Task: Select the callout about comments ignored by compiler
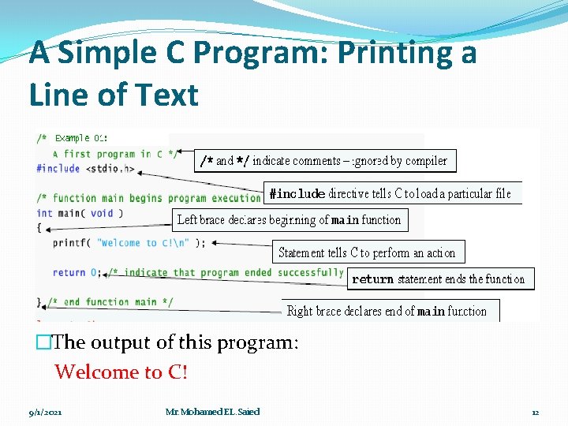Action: (324, 161)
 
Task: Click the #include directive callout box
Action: (391, 193)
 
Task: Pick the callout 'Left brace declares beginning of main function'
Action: (290, 220)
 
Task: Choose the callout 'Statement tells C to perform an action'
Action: (368, 252)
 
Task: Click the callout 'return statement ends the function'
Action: (439, 279)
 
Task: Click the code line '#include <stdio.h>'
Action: (80, 169)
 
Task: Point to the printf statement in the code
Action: (129, 243)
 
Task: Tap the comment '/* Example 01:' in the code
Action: (72, 138)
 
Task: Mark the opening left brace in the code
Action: (39, 228)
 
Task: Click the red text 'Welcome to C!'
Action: (121, 372)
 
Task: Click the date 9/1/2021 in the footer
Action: (46, 412)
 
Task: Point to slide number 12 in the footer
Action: (535, 412)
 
